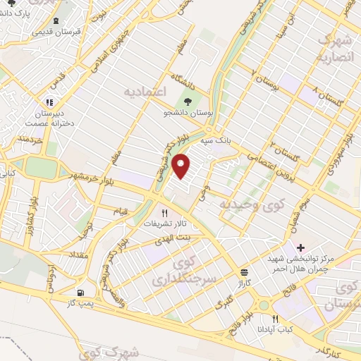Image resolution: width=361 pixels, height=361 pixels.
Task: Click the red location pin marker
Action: [183, 166]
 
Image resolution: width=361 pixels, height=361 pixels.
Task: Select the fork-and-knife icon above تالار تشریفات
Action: [165, 212]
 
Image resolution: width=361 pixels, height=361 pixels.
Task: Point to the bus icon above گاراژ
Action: [244, 271]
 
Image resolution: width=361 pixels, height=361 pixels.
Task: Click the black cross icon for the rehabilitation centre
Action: [301, 247]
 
